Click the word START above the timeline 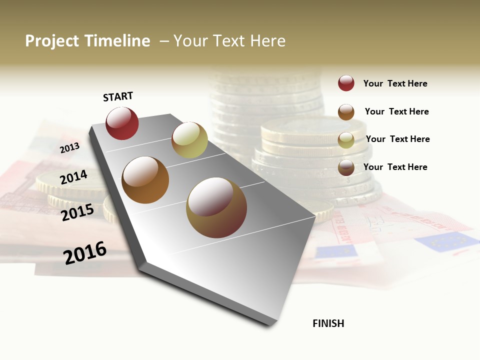118,96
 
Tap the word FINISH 328,323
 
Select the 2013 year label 70,147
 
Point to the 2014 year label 73,177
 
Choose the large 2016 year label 85,252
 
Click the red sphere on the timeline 122,123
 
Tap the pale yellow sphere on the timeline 189,140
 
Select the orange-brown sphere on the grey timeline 145,180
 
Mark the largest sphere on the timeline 216,207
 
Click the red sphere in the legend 346,83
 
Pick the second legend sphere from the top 346,111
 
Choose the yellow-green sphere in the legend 346,139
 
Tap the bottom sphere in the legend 346,167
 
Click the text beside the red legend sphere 395,83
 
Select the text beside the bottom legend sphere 395,167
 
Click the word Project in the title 52,41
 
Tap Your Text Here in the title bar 229,41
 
